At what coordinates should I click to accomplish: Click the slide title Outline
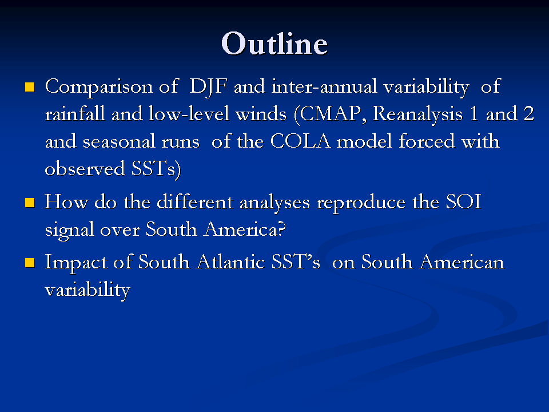click(274, 43)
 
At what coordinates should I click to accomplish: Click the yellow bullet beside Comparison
click(30, 87)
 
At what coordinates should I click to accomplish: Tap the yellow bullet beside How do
click(30, 203)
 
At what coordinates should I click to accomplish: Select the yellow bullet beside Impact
click(30, 263)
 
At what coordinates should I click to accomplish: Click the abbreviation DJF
click(208, 87)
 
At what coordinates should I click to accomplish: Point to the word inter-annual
click(324, 86)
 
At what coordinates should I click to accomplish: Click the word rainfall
click(75, 114)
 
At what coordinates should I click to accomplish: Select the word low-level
click(188, 114)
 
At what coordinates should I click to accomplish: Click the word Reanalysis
click(417, 114)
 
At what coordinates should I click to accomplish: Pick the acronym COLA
click(300, 141)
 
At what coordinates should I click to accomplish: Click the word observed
click(85, 168)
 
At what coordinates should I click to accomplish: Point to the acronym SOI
click(464, 201)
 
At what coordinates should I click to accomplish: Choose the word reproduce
click(361, 203)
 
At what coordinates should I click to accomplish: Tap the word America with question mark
click(245, 229)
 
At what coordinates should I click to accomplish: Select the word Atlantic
click(230, 262)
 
